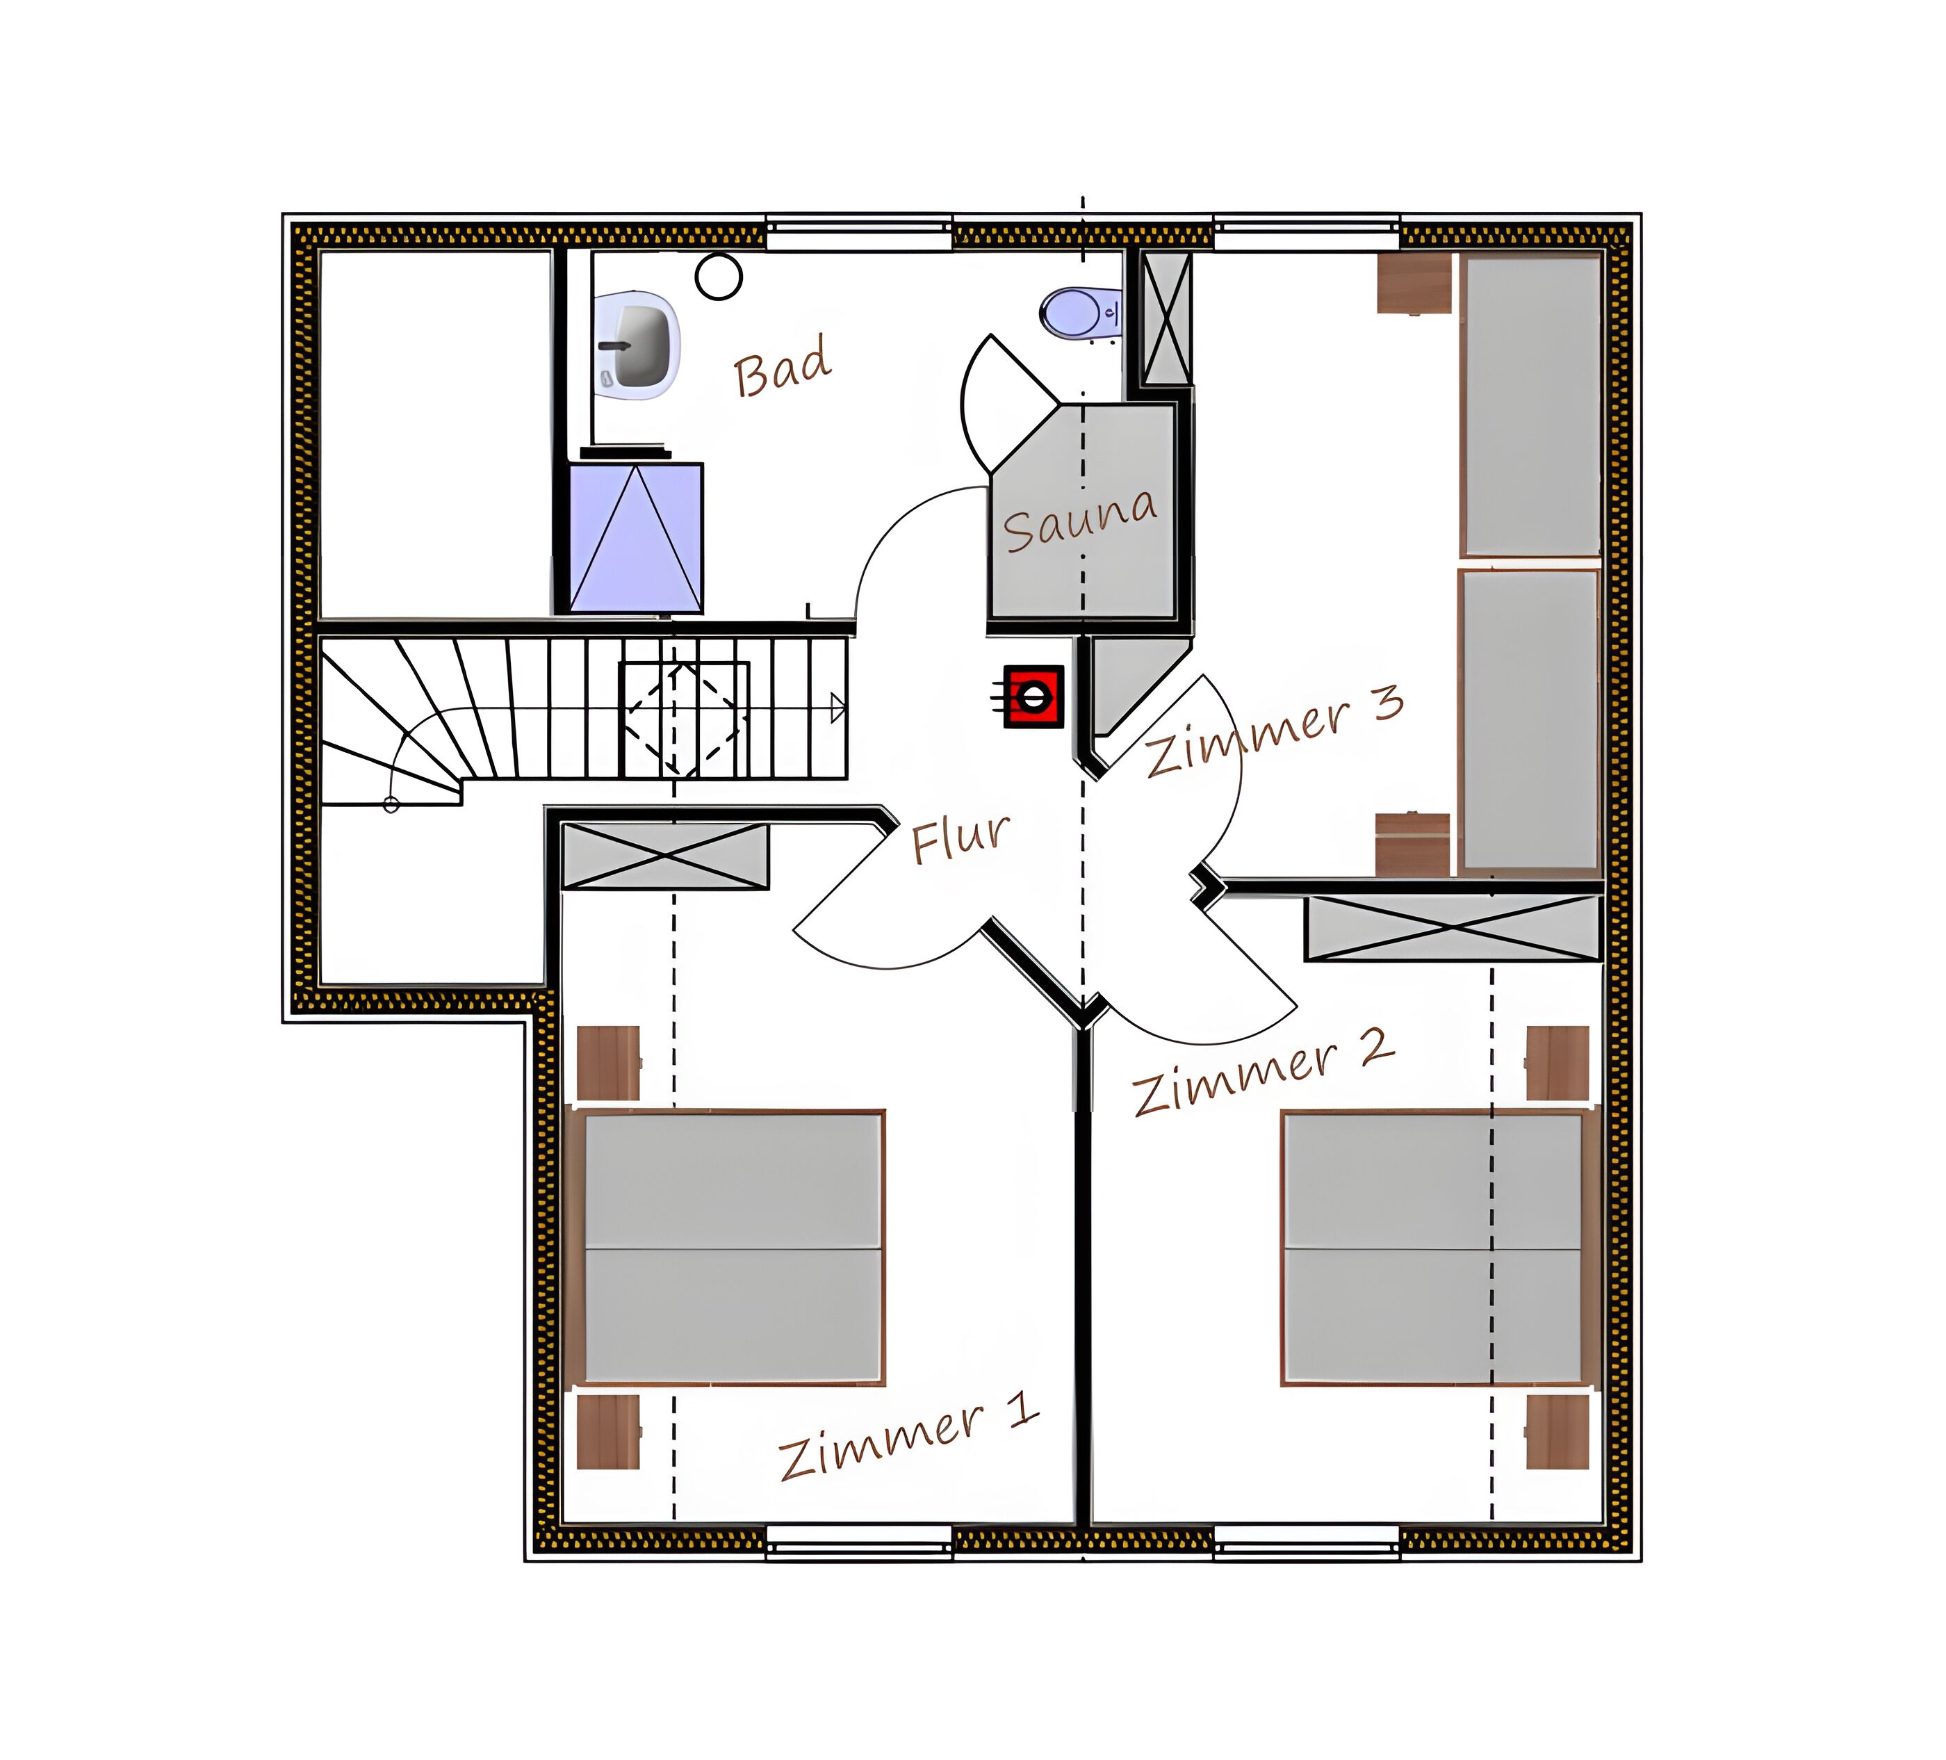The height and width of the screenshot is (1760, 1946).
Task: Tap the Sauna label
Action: (x=1080, y=521)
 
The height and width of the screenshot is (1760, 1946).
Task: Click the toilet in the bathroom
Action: (x=1079, y=313)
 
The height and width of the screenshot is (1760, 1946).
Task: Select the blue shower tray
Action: (x=635, y=538)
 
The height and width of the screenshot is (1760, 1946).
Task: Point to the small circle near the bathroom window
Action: (x=718, y=277)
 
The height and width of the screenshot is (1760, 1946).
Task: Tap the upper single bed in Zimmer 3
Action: (x=1531, y=405)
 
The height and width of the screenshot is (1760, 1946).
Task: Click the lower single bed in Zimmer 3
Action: (x=1531, y=720)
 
